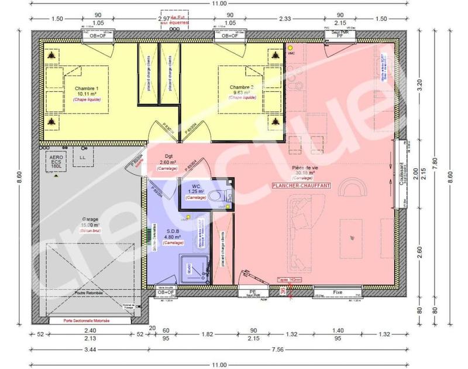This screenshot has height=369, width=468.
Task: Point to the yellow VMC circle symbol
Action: [289, 47]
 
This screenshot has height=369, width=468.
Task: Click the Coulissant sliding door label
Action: [402, 173]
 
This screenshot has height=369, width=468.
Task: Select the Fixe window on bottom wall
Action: [337, 291]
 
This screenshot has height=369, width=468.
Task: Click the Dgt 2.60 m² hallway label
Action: [169, 160]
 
